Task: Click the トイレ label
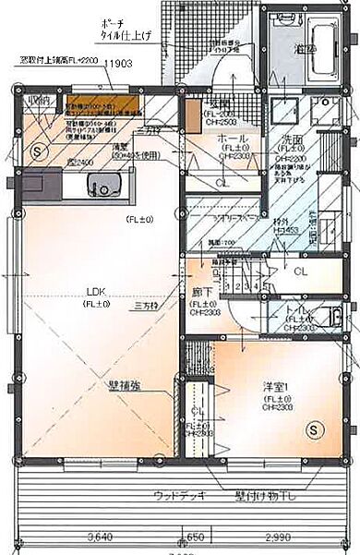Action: pyautogui.click(x=297, y=310)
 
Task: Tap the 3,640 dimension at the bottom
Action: pyautogui.click(x=100, y=536)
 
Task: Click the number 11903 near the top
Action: pyautogui.click(x=119, y=63)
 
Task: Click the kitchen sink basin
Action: pyautogui.click(x=99, y=187)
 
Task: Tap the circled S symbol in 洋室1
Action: pyautogui.click(x=314, y=428)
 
